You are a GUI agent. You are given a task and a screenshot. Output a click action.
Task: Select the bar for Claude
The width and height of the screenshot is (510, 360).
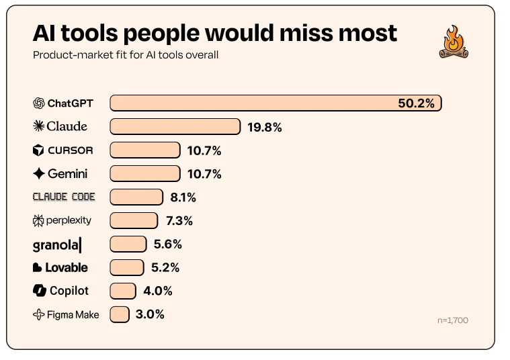click(175, 126)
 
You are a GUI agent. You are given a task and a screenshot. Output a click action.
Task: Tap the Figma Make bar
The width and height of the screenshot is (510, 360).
click(120, 314)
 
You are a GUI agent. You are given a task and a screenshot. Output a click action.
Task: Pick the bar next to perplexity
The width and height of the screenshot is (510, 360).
click(134, 220)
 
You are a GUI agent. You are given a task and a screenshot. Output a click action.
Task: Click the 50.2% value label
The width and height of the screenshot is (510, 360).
click(417, 103)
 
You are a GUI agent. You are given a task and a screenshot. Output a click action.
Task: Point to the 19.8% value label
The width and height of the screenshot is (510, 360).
click(263, 127)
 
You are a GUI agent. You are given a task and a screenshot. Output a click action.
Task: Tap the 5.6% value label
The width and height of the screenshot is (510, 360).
click(167, 244)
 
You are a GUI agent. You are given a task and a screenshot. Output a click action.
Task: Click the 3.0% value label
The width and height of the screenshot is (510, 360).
click(150, 314)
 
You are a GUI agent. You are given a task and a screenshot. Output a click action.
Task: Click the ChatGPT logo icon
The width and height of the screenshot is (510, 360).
click(38, 103)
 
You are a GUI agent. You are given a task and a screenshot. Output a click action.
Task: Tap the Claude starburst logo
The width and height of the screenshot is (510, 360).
click(38, 126)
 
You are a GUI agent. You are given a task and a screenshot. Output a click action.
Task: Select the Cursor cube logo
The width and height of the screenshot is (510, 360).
click(38, 150)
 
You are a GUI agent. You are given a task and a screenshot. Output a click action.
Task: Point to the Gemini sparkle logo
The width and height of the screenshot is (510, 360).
click(38, 174)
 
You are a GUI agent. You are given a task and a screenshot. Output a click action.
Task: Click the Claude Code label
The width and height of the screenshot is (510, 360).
click(64, 197)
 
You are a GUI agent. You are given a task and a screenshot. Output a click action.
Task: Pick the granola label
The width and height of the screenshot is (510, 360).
click(57, 244)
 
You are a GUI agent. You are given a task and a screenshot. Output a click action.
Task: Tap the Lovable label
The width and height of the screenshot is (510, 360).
click(60, 267)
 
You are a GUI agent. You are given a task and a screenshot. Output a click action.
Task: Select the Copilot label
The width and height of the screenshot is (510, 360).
click(60, 291)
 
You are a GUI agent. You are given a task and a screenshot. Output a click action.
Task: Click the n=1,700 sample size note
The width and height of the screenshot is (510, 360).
click(452, 320)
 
